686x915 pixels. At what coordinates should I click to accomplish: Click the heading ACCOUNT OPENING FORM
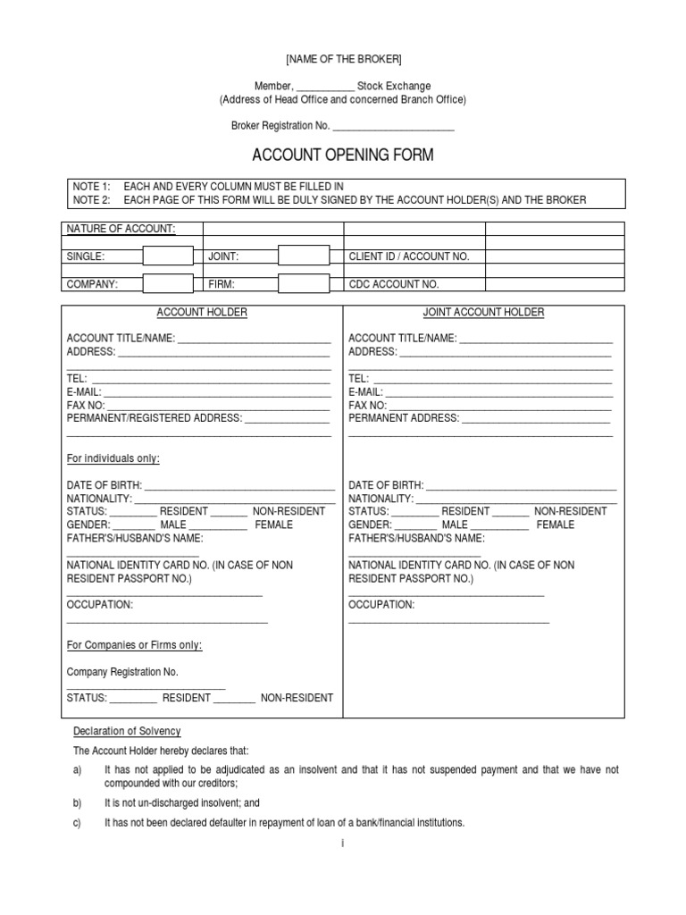coord(343,155)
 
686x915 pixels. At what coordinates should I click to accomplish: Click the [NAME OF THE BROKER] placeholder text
coord(343,59)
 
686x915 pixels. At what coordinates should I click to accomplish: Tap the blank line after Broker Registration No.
coord(393,126)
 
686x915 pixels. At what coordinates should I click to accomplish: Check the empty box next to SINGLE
coord(168,256)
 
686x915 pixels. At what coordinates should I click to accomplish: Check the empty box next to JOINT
coord(304,256)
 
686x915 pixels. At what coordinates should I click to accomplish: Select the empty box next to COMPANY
coord(168,284)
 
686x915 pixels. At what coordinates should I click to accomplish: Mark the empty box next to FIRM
coord(304,284)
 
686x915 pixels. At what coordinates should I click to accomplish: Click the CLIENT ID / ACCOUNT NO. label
coord(408,256)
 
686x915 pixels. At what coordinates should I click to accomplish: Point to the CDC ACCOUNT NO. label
coord(393,284)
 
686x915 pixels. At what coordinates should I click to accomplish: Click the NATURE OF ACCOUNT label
coord(121,229)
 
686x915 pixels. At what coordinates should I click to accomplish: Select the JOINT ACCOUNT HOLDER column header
coord(483,313)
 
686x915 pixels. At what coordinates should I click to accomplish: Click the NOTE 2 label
coord(90,200)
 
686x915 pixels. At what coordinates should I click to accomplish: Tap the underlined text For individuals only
coord(113,458)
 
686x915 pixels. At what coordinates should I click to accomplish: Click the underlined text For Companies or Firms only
coord(134,645)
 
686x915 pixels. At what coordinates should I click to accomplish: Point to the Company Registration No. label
coord(122,671)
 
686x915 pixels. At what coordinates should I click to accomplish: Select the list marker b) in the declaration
coord(77,802)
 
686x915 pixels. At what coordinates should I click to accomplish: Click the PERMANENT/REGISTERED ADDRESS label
coord(154,417)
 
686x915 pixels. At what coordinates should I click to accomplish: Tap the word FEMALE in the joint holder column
coord(556,525)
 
